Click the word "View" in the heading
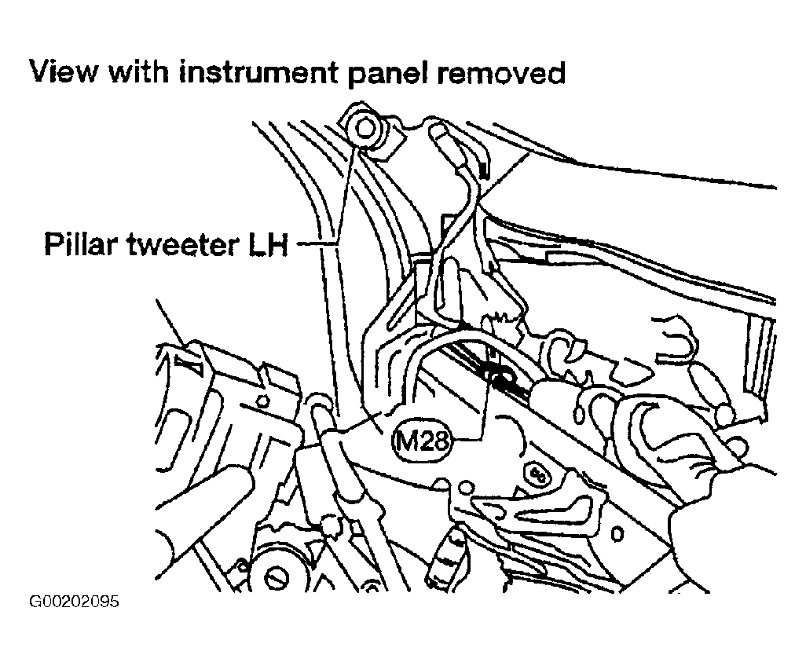(x=63, y=72)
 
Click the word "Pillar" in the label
(x=80, y=243)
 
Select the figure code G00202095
(x=74, y=602)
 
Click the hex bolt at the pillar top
(x=365, y=129)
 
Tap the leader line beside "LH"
(x=313, y=243)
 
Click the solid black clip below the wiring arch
(x=496, y=377)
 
